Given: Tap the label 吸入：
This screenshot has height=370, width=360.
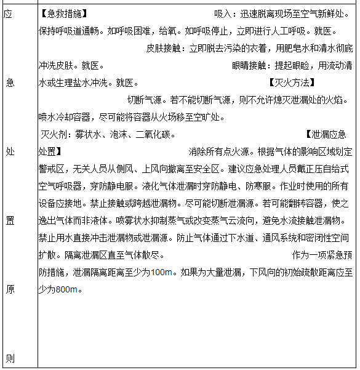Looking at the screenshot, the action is pos(225,14).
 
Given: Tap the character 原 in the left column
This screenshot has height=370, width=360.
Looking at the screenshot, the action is pos(9,289).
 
